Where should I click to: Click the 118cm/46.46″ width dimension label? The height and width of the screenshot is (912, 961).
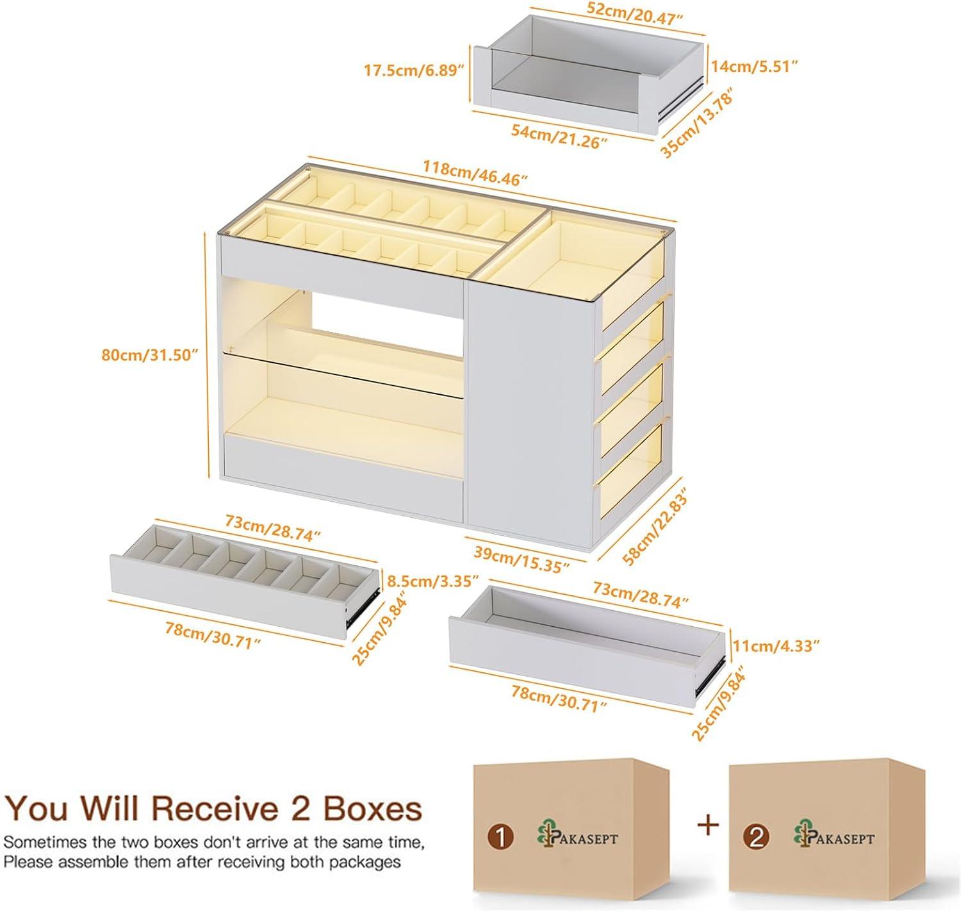coord(474,173)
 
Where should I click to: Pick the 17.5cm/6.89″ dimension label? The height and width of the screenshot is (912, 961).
coord(414,70)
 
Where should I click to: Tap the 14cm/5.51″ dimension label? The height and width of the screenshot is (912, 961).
coord(756,65)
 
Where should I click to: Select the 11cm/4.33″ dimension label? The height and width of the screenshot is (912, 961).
coord(776,645)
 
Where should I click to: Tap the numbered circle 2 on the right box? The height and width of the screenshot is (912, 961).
coord(757,838)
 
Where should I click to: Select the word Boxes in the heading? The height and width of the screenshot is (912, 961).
coord(372,809)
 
